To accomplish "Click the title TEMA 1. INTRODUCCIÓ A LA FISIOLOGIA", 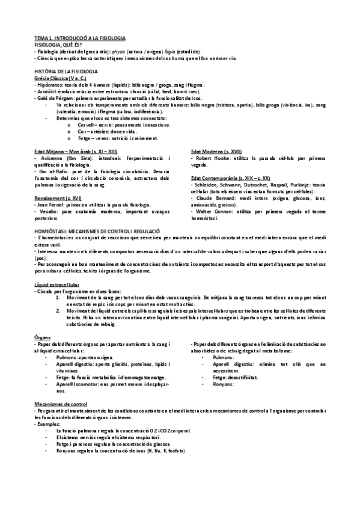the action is [x=79, y=38].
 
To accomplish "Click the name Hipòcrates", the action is [x=49, y=85].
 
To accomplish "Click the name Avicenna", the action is [x=49, y=158].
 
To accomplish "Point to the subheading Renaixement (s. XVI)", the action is [x=58, y=198].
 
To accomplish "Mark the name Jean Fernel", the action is [x=50, y=204].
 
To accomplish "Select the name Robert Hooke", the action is [x=208, y=158].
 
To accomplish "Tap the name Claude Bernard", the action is [x=209, y=198].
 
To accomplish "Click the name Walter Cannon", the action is [x=209, y=211].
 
